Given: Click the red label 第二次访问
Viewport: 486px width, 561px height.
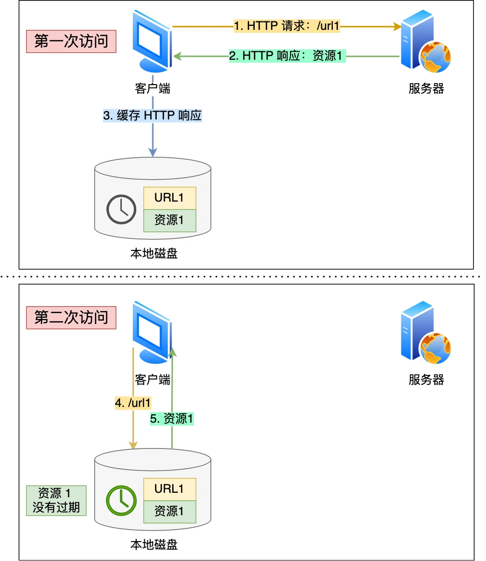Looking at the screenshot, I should (71, 317).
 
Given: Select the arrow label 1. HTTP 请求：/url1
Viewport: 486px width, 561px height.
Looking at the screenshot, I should (287, 26).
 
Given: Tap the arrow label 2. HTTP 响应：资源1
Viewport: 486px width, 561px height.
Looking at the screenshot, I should (287, 56).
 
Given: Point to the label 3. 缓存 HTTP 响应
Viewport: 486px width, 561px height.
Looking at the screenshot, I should (152, 115).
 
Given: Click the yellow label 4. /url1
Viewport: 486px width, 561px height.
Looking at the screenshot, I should (133, 403).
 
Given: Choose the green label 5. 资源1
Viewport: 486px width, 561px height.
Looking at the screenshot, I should (172, 419).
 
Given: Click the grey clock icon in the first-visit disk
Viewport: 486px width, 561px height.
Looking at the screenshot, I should (121, 210).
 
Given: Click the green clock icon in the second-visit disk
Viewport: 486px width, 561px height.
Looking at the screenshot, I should (121, 501).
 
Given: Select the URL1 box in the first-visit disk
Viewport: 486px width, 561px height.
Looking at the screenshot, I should (170, 198).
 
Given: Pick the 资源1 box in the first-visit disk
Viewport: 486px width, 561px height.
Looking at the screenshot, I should (170, 221).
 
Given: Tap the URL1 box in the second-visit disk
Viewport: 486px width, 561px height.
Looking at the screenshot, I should (170, 489).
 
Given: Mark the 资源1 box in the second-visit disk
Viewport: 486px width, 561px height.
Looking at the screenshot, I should (170, 511).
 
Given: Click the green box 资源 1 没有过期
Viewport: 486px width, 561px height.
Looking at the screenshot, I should (56, 500).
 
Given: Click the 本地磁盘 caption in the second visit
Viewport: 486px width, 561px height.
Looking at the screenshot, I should (154, 545).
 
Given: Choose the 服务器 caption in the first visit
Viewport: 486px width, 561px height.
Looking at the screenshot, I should (426, 89).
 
